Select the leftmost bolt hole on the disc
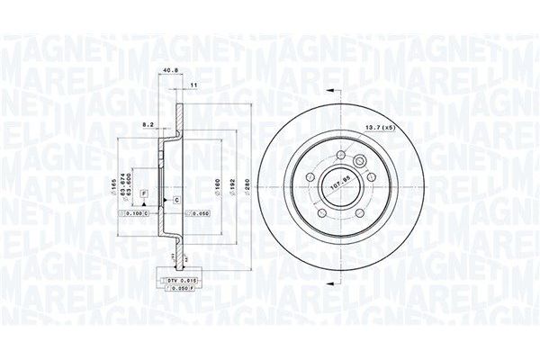[312, 178]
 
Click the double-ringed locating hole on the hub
[360, 163]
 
